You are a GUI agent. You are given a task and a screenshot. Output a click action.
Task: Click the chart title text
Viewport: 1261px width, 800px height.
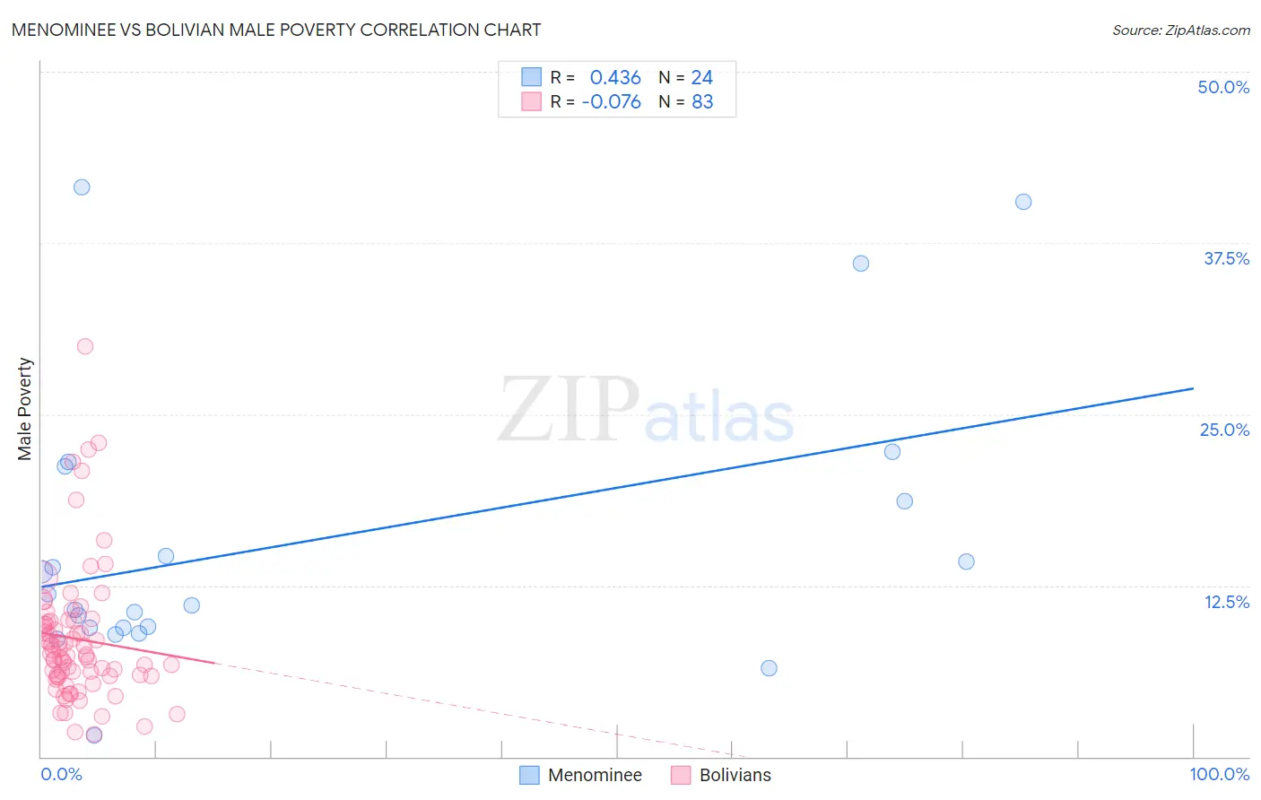(x=276, y=30)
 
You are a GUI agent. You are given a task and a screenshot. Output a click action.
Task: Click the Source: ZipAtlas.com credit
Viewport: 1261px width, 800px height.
(x=1180, y=30)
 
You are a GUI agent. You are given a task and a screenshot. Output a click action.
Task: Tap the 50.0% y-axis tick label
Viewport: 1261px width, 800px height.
(x=1223, y=87)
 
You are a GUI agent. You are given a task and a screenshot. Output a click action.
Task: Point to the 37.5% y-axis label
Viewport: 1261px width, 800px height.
(x=1226, y=258)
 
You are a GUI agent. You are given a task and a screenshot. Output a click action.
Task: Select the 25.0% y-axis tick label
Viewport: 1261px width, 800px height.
(x=1224, y=430)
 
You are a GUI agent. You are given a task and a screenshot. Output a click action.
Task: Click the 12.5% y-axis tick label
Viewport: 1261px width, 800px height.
(x=1226, y=602)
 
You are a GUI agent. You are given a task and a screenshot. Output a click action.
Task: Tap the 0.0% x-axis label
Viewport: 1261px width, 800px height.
(x=61, y=774)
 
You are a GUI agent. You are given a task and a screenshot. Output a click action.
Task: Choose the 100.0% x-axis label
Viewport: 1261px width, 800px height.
(x=1219, y=774)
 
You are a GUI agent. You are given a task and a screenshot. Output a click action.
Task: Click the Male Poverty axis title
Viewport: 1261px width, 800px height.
(x=25, y=409)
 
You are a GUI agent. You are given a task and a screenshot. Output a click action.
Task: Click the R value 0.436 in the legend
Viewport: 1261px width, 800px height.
(x=615, y=78)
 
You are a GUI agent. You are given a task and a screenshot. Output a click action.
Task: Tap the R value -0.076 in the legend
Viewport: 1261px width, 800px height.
(x=612, y=102)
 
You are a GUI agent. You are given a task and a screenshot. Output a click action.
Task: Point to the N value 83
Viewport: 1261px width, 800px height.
(x=702, y=102)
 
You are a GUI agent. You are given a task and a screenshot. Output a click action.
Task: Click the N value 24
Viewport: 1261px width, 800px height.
(x=702, y=78)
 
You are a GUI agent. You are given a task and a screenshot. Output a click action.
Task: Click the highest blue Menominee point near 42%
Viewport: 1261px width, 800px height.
(x=82, y=187)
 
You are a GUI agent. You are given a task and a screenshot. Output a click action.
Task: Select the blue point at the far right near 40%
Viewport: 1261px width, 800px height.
(x=1023, y=202)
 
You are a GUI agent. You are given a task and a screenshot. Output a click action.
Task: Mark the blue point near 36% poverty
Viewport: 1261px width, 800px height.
(x=861, y=264)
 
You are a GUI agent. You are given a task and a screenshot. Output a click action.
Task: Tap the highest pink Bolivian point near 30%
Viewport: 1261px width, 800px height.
(x=85, y=346)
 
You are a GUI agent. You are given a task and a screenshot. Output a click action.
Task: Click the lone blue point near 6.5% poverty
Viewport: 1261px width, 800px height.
(x=769, y=668)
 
